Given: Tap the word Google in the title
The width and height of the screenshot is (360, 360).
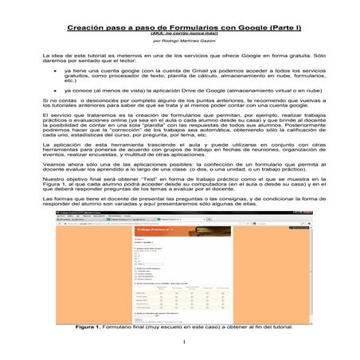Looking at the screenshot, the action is pyautogui.click(x=238, y=26).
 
